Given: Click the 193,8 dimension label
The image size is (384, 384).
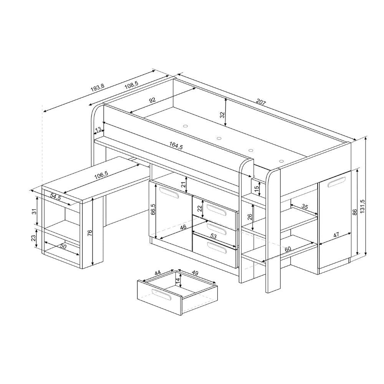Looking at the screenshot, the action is [98, 88].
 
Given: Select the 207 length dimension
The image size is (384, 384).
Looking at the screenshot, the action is [261, 102].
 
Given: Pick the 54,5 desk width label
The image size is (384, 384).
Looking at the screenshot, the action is [55, 197].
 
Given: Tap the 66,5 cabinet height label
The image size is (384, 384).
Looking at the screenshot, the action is [152, 209].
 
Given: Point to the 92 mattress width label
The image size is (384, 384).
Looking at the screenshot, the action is [152, 100].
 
